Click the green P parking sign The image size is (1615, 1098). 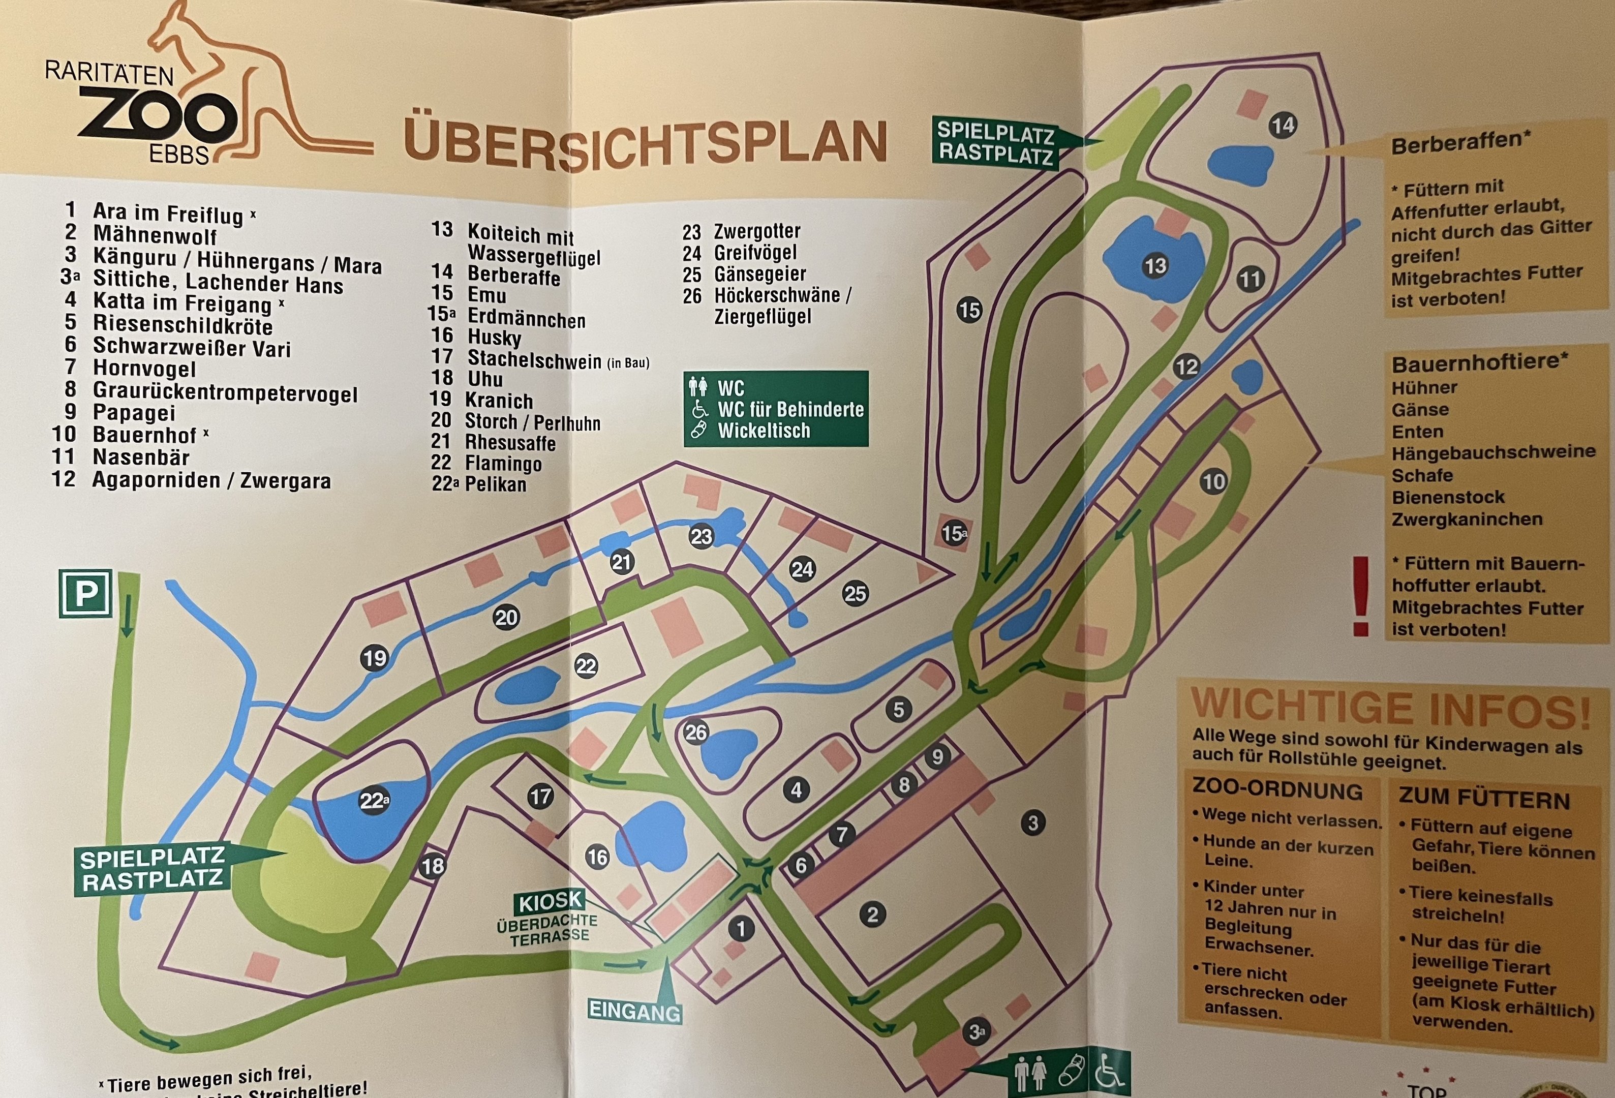coord(85,593)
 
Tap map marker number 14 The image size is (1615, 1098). coord(1282,125)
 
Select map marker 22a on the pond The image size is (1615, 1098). coord(373,801)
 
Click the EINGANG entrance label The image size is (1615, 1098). coord(634,1011)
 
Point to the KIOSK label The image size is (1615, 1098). coord(550,901)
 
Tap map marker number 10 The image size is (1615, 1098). coord(1213,481)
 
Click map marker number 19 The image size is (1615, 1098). coord(375,657)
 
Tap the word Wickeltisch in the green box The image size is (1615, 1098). coord(764,431)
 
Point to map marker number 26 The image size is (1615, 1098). coord(695,732)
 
